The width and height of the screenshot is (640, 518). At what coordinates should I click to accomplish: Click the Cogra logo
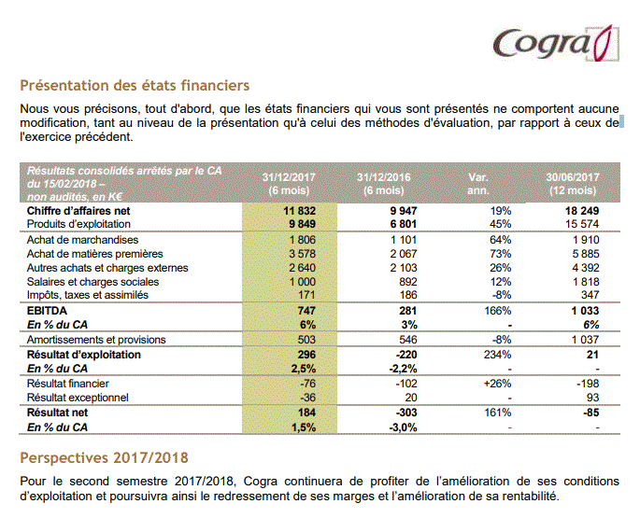(556, 43)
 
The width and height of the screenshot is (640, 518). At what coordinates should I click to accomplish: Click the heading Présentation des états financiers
(135, 86)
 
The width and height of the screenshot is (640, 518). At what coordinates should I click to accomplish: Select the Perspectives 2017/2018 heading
(104, 458)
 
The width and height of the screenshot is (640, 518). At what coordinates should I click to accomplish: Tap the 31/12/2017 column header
(289, 184)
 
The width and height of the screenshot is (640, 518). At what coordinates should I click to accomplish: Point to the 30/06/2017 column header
(572, 184)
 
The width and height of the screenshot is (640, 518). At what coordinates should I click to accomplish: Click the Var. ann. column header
(478, 184)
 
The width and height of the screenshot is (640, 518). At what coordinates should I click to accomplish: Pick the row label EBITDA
(47, 311)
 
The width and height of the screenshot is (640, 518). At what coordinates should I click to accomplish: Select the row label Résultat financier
(68, 384)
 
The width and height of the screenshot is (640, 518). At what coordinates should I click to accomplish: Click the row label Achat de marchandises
(82, 240)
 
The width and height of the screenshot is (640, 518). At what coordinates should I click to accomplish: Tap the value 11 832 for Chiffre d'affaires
(300, 211)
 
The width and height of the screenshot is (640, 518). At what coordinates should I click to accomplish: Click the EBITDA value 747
(306, 311)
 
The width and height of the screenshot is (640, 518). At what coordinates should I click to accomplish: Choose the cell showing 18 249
(582, 211)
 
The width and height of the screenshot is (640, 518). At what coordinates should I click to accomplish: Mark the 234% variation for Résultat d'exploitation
(498, 355)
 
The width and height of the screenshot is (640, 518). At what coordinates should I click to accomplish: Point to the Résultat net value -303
(406, 413)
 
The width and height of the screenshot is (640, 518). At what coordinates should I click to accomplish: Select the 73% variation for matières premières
(501, 254)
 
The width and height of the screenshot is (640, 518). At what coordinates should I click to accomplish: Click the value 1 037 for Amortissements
(585, 340)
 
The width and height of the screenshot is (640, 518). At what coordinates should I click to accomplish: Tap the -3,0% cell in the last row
(404, 427)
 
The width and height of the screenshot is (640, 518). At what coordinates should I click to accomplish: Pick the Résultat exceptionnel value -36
(307, 398)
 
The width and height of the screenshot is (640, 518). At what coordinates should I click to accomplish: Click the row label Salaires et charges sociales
(92, 282)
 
